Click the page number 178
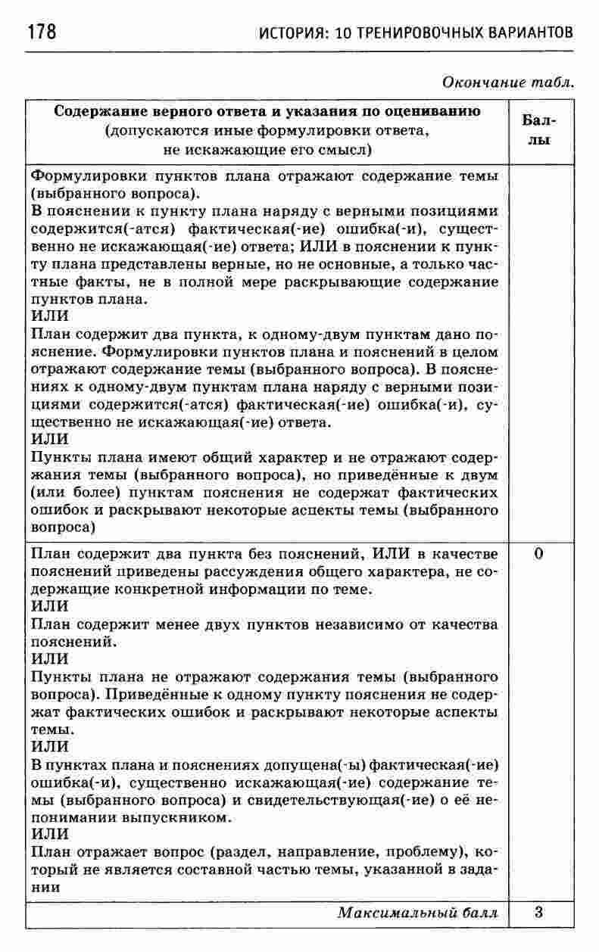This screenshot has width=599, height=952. point(42,33)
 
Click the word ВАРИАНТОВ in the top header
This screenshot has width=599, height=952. point(523,34)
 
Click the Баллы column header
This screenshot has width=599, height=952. point(538,130)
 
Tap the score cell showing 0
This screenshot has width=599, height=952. point(538,553)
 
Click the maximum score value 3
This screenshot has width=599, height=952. point(538,912)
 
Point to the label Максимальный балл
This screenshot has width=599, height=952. point(418,913)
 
